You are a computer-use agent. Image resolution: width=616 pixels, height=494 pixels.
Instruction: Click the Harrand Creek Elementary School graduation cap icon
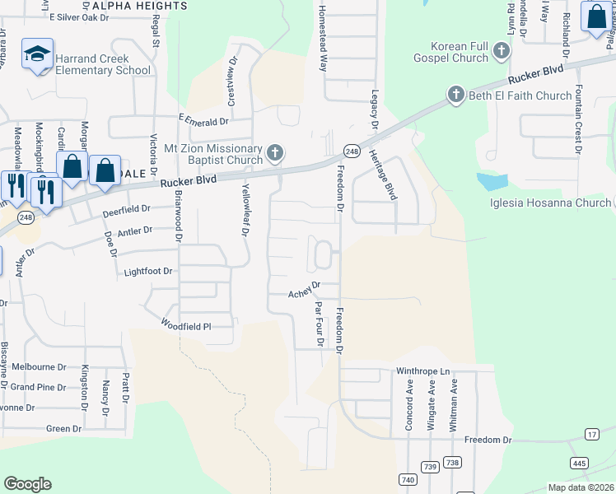tap(37, 54)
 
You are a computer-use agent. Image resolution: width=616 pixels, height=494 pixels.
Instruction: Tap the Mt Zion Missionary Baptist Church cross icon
tap(276, 153)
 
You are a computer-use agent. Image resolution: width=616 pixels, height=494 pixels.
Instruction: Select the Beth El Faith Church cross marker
tap(456, 96)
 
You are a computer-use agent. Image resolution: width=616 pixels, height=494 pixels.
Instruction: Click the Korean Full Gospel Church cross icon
tap(501, 54)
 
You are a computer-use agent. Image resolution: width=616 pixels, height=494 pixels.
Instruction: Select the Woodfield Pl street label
tap(185, 325)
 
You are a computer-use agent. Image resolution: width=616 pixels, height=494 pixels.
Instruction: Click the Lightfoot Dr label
tap(148, 271)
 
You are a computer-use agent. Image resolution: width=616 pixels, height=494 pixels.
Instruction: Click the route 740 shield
tap(407, 479)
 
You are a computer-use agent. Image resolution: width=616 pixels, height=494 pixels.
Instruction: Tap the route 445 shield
tap(579, 464)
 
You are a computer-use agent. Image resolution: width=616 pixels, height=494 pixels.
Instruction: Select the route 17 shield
tap(592, 434)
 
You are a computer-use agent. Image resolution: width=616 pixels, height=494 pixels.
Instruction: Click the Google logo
tap(27, 484)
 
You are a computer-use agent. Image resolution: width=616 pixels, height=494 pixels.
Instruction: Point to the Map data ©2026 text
tap(581, 487)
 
